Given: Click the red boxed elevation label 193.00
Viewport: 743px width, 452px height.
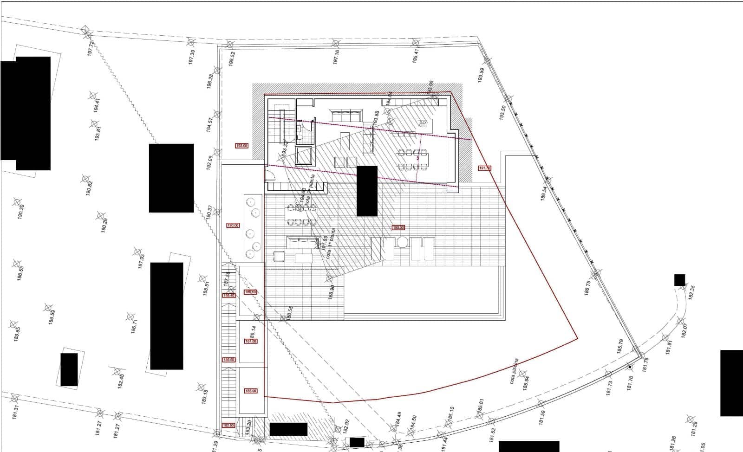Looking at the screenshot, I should pyautogui.click(x=242, y=146).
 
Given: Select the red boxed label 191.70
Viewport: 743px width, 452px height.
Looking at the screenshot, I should pyautogui.click(x=484, y=168).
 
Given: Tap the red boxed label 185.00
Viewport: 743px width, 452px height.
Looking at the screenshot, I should pyautogui.click(x=250, y=391).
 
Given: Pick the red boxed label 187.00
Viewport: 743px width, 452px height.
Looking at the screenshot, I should pyautogui.click(x=250, y=341).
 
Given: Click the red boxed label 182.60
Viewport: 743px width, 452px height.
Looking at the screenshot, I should pyautogui.click(x=228, y=425).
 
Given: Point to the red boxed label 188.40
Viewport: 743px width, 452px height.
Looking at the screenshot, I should pyautogui.click(x=228, y=295).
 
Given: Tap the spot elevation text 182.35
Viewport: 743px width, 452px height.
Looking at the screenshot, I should pyautogui.click(x=692, y=293).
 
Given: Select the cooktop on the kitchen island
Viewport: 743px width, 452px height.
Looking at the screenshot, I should pyautogui.click(x=423, y=123).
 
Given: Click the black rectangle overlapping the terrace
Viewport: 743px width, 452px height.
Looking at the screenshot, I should pyautogui.click(x=367, y=191).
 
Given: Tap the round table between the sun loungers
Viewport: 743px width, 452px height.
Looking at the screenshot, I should pyautogui.click(x=402, y=242).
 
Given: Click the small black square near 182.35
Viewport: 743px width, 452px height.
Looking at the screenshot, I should pyautogui.click(x=679, y=280).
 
